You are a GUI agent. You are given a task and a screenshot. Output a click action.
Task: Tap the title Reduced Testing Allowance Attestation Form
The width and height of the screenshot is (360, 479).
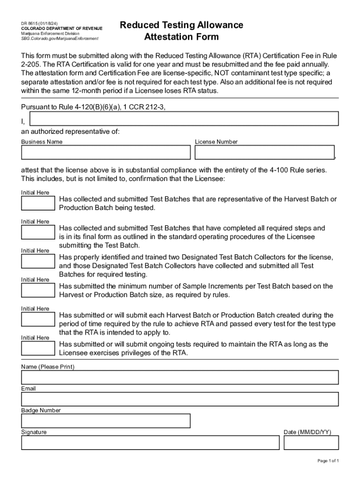coord(181,31)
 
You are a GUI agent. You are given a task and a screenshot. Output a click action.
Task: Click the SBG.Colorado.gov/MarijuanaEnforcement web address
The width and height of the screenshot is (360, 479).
coord(60,39)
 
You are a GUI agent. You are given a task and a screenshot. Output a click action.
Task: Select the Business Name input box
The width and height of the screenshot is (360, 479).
coord(106,152)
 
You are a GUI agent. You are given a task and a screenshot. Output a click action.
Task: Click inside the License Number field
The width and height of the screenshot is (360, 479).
coord(265,152)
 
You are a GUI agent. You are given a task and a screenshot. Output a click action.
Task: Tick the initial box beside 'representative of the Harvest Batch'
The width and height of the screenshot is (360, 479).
coord(38,203)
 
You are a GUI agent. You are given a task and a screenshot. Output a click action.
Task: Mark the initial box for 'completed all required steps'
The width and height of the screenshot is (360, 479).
coord(38,232)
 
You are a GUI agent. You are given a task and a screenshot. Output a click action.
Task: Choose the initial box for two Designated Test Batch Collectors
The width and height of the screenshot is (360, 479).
coord(38,261)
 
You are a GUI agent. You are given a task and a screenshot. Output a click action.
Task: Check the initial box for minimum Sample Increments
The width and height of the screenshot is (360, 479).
coord(38,290)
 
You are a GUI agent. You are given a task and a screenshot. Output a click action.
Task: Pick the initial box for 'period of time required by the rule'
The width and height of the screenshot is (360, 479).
coord(38,319)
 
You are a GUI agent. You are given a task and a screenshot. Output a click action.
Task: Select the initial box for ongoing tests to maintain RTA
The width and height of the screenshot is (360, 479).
coord(38,348)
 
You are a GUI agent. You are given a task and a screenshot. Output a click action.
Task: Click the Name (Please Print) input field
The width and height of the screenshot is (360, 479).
coord(180,377)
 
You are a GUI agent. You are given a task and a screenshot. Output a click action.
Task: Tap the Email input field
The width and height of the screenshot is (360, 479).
coord(180,399)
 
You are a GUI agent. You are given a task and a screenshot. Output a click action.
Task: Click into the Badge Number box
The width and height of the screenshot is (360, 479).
coord(106,421)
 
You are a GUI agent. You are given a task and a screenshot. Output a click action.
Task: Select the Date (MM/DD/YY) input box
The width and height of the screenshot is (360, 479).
coord(311,443)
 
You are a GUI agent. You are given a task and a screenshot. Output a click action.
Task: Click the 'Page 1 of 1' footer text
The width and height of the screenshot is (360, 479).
coord(328,461)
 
